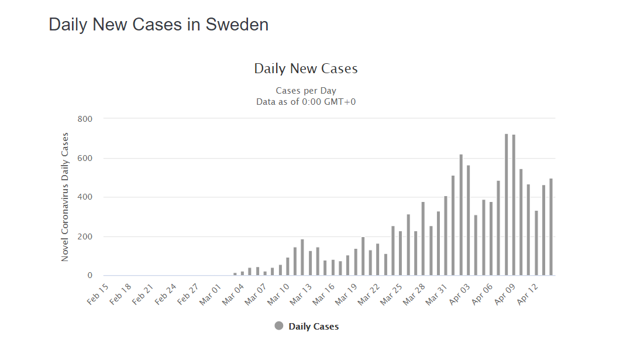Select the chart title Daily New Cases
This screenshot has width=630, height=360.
(305, 68)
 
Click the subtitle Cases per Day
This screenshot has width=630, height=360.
(305, 91)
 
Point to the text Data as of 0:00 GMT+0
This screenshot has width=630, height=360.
(305, 101)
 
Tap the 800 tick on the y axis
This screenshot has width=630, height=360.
(85, 119)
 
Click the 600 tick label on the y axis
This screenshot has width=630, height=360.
(85, 158)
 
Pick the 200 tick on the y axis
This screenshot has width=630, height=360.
(85, 236)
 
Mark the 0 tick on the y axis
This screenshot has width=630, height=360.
(89, 276)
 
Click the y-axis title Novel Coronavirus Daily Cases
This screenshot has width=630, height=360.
(65, 197)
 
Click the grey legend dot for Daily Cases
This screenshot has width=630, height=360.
(279, 326)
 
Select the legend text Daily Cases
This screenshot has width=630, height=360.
(314, 327)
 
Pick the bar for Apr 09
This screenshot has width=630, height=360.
(514, 205)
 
